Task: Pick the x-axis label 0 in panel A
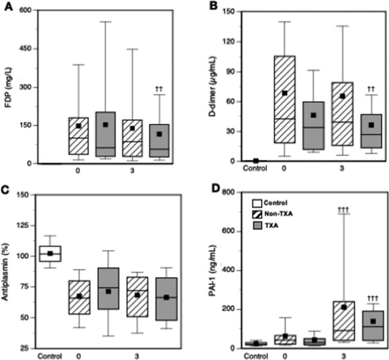coord(78,171)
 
